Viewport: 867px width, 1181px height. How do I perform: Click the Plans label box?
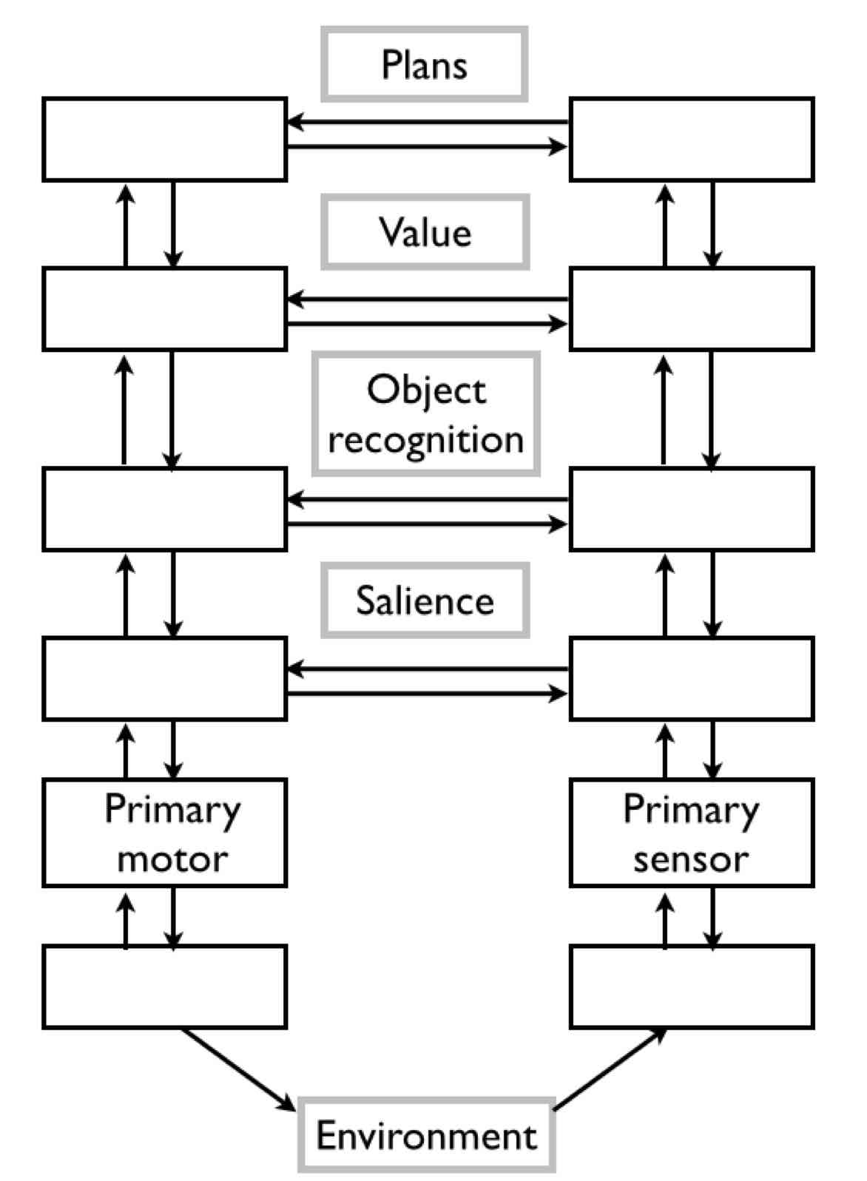(x=424, y=64)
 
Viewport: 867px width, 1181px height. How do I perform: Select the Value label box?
(x=425, y=232)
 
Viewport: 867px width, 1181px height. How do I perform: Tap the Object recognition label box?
(x=425, y=413)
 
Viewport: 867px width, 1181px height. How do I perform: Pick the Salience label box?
(x=425, y=600)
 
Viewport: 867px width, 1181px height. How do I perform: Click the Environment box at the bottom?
(x=426, y=1135)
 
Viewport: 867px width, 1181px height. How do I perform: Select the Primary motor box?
(x=164, y=832)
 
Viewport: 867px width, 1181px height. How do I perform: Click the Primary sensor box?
(x=692, y=832)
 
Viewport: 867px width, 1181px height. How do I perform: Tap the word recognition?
(x=425, y=439)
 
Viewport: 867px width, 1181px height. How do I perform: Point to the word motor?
(x=172, y=859)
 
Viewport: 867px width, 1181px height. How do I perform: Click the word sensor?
(x=691, y=859)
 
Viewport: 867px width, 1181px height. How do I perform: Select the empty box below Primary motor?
(x=164, y=987)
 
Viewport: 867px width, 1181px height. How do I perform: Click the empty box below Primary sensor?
(x=692, y=987)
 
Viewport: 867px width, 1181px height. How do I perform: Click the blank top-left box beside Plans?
(x=164, y=139)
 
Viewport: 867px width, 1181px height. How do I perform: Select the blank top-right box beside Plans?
(x=692, y=139)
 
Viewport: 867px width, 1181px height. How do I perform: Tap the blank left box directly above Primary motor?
(x=164, y=678)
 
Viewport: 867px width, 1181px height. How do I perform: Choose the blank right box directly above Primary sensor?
(x=692, y=678)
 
